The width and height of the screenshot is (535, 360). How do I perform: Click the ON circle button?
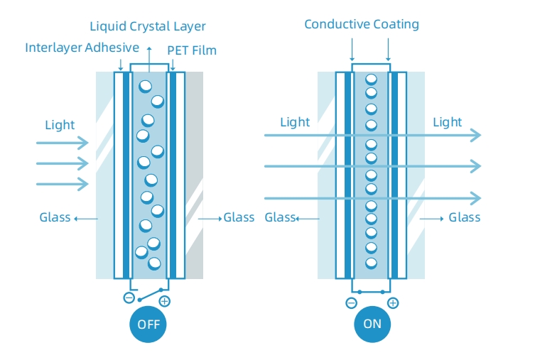[372, 324]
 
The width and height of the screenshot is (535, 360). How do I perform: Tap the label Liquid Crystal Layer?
[148, 27]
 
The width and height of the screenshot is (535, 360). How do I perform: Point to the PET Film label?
[192, 50]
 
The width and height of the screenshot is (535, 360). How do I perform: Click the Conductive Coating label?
[361, 25]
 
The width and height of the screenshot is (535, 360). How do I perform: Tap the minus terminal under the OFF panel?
[129, 298]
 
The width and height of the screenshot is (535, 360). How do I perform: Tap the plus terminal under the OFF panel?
[165, 302]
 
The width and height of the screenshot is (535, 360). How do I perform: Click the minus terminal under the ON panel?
[351, 303]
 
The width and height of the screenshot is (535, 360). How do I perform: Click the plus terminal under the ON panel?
[393, 303]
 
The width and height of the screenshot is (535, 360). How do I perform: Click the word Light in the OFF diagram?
[60, 125]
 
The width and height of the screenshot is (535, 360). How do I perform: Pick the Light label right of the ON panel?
[447, 123]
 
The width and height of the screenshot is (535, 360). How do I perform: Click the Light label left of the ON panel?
[294, 122]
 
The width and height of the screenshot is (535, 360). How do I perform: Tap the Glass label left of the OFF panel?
[55, 217]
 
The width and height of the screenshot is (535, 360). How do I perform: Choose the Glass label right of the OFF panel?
[239, 217]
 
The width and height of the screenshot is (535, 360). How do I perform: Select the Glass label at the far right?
[464, 217]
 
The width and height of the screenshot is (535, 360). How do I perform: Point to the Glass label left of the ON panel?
[280, 217]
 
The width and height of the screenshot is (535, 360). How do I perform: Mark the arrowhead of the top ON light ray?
[476, 135]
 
